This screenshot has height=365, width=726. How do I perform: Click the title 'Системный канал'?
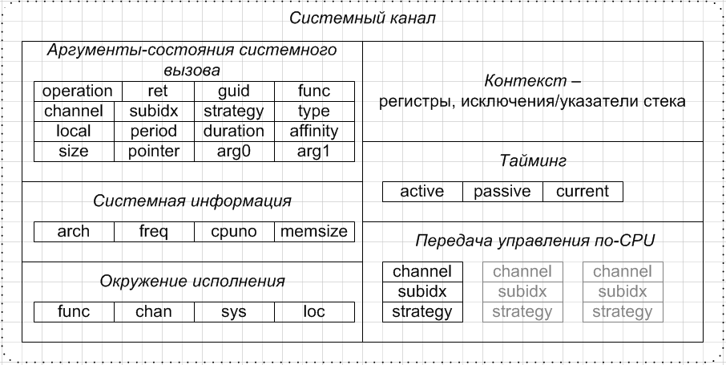(x=363, y=18)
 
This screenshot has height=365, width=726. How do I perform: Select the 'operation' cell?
(x=78, y=91)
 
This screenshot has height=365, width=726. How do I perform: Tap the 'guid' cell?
(x=234, y=91)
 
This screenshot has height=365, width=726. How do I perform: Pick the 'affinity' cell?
(x=314, y=131)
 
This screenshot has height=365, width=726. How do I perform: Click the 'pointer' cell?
(x=155, y=151)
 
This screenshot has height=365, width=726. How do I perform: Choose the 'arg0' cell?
(x=234, y=151)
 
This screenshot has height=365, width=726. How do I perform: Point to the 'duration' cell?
(x=234, y=131)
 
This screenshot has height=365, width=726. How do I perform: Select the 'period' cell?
(x=155, y=131)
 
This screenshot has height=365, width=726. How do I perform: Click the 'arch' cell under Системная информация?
(x=74, y=232)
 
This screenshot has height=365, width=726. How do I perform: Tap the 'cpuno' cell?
(x=234, y=232)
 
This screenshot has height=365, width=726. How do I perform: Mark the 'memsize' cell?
(x=314, y=232)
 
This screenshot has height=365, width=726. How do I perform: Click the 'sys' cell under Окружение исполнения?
(x=234, y=311)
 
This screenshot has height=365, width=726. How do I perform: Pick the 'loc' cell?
(x=314, y=311)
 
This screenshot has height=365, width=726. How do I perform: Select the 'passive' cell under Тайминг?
(x=502, y=191)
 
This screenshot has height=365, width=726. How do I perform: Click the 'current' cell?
(x=583, y=191)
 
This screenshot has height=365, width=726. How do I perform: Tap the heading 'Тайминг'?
(x=533, y=161)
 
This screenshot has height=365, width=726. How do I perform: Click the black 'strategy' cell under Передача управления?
(x=422, y=311)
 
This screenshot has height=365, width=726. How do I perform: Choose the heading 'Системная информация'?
(x=192, y=201)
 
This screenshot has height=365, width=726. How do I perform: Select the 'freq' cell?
(x=154, y=232)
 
